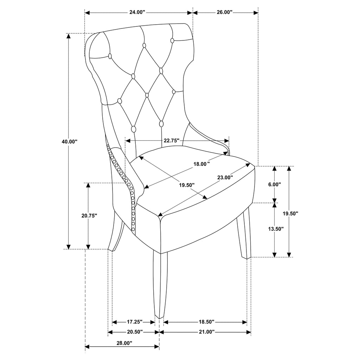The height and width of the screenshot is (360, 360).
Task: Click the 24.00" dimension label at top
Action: (137, 12)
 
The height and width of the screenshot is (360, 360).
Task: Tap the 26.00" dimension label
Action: (225, 12)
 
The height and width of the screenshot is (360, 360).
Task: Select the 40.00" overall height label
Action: (69, 141)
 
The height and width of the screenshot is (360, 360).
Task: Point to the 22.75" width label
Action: (172, 141)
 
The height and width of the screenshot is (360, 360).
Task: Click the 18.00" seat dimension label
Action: (202, 164)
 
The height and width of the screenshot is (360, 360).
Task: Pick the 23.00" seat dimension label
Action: (225, 178)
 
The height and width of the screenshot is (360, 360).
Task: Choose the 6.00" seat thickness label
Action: (275, 184)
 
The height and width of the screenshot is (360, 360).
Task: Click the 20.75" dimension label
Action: (89, 216)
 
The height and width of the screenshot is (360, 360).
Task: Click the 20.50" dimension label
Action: (134, 332)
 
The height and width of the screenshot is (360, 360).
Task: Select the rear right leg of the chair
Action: (244, 236)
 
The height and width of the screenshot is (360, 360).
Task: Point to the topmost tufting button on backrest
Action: (172, 40)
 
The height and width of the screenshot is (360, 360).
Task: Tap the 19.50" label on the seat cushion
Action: (186, 185)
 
